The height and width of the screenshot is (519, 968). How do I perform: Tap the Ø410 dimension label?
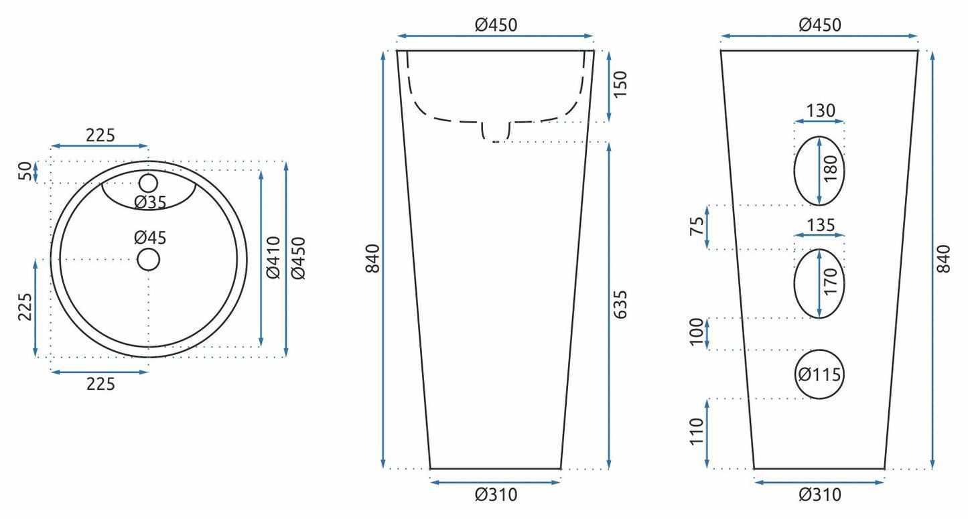(x=273, y=258)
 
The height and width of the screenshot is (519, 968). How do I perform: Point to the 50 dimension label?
(x=25, y=171)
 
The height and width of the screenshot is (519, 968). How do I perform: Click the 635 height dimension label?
(x=620, y=304)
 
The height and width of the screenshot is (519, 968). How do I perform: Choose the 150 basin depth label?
(x=620, y=84)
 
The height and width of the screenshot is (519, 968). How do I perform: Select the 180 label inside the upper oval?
(x=831, y=169)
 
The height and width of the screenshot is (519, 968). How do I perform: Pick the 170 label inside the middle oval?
(x=831, y=281)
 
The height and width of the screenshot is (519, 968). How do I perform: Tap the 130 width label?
(x=820, y=111)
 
